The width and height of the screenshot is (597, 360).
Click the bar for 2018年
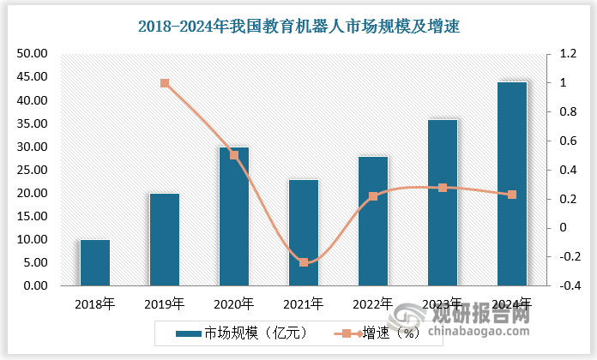tap(94, 262)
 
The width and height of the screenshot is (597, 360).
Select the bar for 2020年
tap(234, 216)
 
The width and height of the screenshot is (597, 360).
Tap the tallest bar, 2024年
tap(513, 183)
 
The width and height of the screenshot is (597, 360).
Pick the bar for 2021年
tap(304, 232)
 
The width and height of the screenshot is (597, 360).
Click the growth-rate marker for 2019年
tap(165, 83)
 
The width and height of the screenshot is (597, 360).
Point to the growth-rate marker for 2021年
tap(304, 262)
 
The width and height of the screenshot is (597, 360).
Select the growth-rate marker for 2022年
tap(373, 196)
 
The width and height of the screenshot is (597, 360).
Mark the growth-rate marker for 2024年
tap(513, 195)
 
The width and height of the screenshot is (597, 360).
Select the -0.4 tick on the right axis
tap(567, 285)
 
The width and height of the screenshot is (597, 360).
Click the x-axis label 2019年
tap(165, 303)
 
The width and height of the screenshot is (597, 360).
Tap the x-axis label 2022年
tap(373, 303)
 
